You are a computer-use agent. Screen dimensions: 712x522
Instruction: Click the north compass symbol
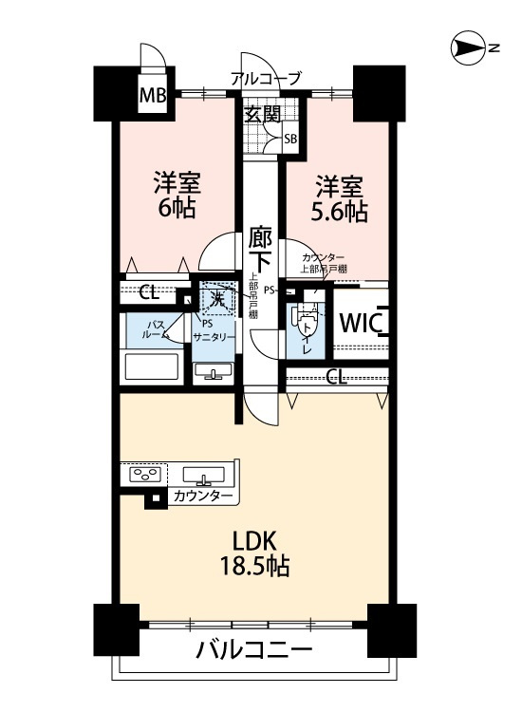point(468,46)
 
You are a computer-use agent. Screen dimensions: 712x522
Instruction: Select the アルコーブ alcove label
point(266,79)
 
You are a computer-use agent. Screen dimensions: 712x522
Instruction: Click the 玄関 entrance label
point(262,116)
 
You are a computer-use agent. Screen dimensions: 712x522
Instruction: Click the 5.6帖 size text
point(341,212)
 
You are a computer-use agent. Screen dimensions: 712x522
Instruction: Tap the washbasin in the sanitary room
point(215,371)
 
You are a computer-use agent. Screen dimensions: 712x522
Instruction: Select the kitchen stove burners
point(146,475)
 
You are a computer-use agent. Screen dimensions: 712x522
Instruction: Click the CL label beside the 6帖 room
point(149,292)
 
